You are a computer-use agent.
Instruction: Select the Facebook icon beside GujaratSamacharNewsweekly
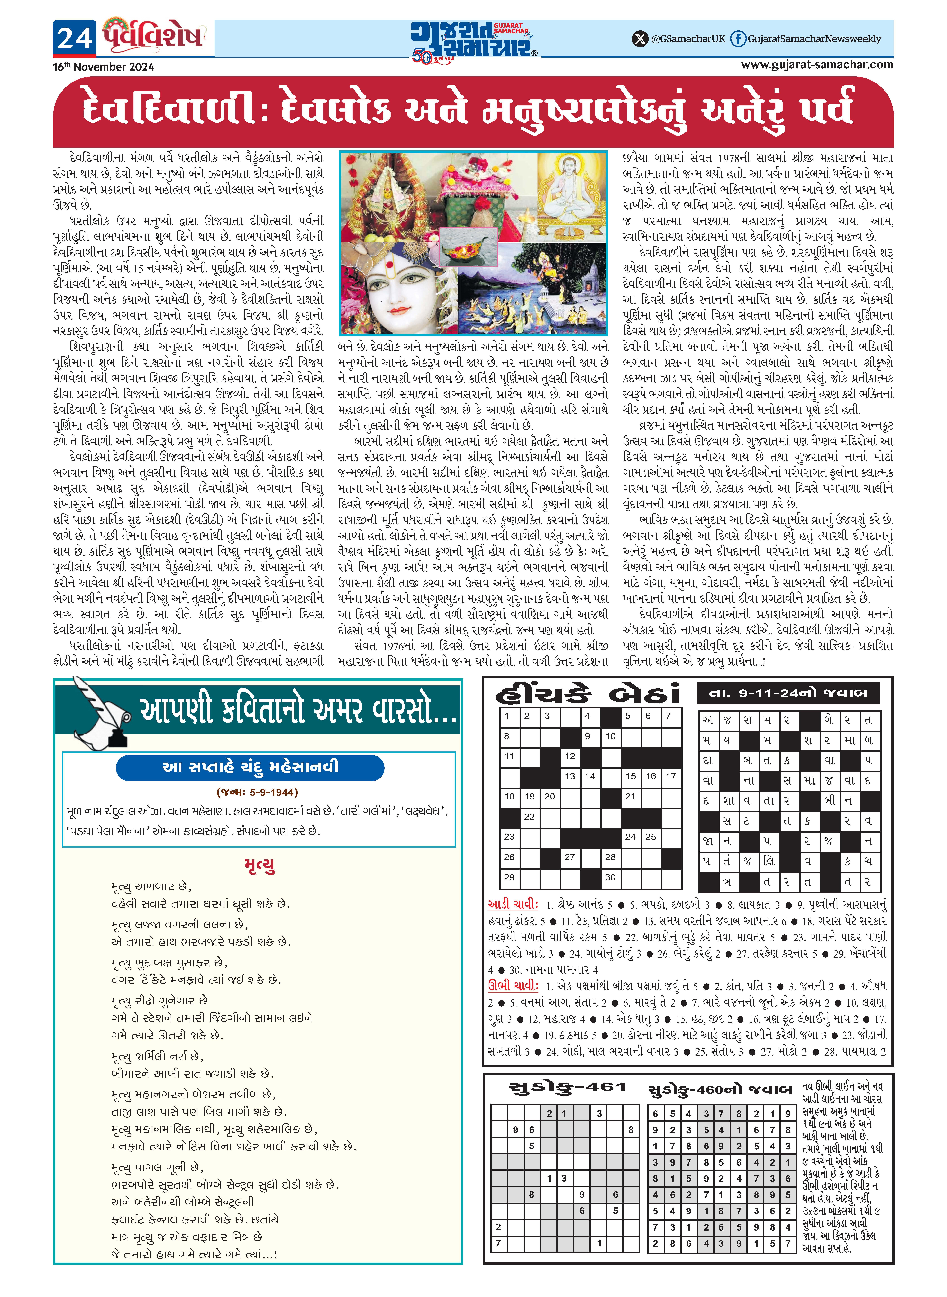pyautogui.click(x=738, y=39)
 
